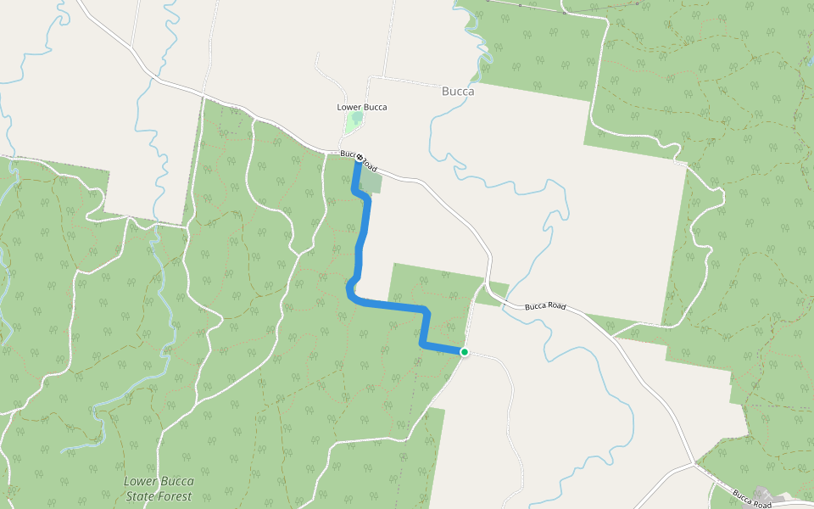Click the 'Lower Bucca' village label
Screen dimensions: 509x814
click(x=362, y=107)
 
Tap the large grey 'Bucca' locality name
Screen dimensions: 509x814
click(x=458, y=92)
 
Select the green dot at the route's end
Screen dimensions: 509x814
click(x=464, y=351)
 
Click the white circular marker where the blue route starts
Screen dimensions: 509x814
click(x=360, y=158)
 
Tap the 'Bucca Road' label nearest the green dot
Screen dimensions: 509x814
click(x=544, y=305)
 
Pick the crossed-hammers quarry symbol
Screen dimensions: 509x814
click(x=762, y=493)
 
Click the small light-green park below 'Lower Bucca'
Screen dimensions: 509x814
click(x=353, y=123)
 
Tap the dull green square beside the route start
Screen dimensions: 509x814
click(x=372, y=182)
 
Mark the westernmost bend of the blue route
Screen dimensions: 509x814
click(x=348, y=290)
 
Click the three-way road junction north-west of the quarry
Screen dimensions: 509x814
click(x=694, y=463)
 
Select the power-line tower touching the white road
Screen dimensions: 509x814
click(x=564, y=13)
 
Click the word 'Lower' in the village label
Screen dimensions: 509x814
click(x=349, y=107)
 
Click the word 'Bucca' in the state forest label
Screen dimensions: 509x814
click(x=175, y=481)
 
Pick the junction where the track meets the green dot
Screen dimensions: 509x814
click(x=464, y=351)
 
